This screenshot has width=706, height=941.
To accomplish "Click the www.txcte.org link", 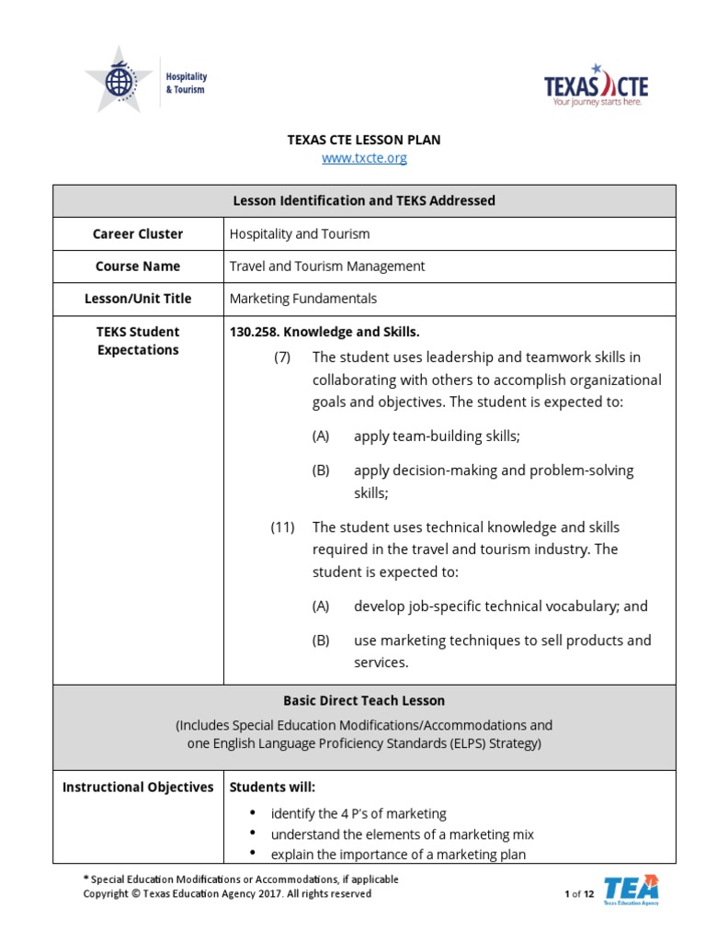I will tap(364, 158).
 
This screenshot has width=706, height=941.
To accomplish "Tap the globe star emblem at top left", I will tap(119, 81).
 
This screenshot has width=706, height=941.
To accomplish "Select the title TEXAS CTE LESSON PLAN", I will tap(364, 140).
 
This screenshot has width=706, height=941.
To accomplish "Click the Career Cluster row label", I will tap(138, 234).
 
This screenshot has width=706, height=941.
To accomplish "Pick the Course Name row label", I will tap(138, 266).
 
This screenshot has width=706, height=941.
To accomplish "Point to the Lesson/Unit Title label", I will tap(138, 299).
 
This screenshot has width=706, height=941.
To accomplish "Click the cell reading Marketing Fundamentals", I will tap(302, 299).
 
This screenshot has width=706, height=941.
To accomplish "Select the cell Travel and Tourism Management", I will tap(326, 266).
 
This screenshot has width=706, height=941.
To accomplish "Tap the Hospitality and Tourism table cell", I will tap(300, 234).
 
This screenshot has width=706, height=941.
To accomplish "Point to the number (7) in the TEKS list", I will tap(282, 357).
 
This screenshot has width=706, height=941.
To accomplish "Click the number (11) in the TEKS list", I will tap(282, 527).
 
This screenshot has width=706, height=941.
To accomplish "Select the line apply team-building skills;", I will tap(437, 436).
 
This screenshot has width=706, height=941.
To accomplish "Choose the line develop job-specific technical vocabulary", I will tap(500, 607).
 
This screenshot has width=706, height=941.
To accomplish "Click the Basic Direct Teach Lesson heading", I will tap(364, 700).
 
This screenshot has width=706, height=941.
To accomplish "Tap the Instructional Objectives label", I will tap(138, 788).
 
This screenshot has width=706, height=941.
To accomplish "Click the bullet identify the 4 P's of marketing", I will tap(359, 813).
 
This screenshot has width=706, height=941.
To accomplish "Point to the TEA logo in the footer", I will tap(631, 890).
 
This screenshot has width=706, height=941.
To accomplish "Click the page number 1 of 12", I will tap(579, 894).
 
